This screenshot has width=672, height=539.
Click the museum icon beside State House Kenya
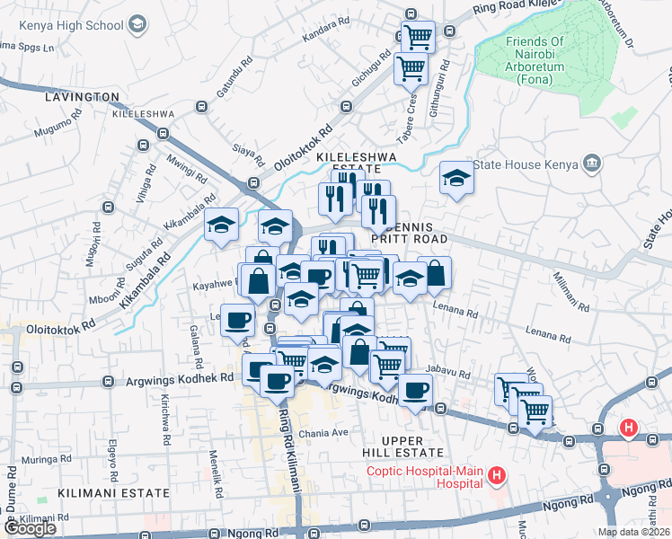[x=591, y=163]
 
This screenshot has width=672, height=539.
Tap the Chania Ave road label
[x=328, y=432]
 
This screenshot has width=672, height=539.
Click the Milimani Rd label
[x=570, y=292]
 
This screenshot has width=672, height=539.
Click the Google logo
[x=30, y=528]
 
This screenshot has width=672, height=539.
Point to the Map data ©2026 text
[x=633, y=532]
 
